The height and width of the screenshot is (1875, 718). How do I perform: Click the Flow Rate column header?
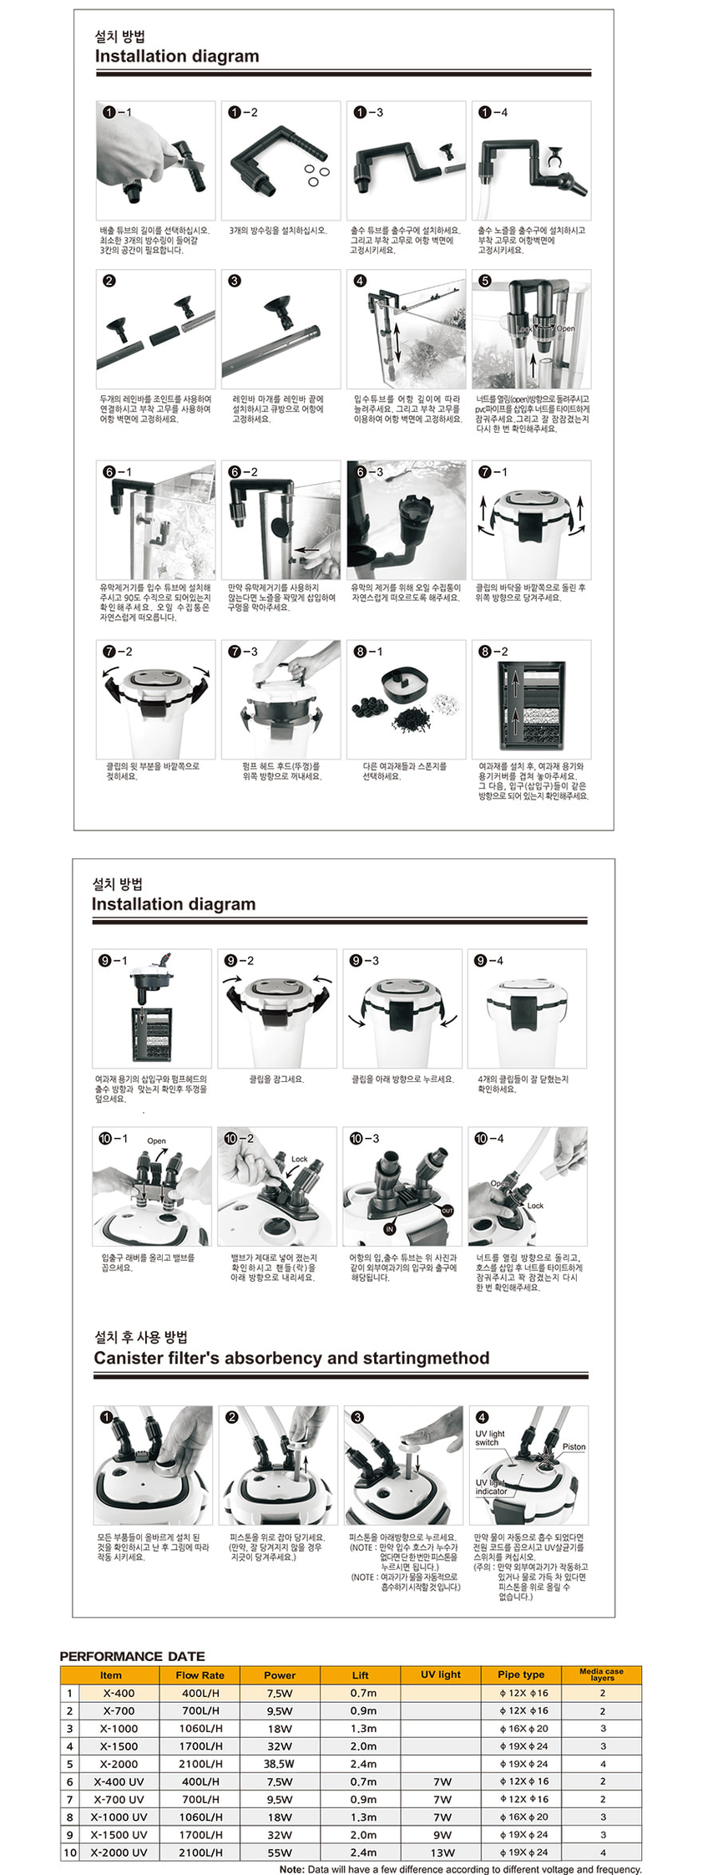[200, 1674]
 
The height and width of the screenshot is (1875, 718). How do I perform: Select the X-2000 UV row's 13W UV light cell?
[442, 1852]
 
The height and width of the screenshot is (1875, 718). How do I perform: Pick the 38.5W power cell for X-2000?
[279, 1764]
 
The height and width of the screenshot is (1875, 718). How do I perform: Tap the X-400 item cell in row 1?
[119, 1693]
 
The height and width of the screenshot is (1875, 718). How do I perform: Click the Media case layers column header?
[601, 1674]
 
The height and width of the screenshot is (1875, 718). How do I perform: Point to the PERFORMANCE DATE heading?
[132, 1656]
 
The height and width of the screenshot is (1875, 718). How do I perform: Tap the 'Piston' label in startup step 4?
[574, 1446]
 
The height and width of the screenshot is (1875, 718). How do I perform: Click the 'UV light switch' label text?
[489, 1437]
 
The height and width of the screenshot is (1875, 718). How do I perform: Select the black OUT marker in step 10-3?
[447, 1211]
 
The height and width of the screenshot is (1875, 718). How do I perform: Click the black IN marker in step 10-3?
[389, 1229]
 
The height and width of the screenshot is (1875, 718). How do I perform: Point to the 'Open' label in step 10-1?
[156, 1141]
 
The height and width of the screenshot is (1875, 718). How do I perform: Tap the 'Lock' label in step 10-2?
[299, 1159]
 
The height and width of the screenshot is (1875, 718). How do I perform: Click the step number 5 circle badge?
[485, 281]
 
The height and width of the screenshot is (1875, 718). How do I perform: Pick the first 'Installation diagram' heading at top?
[177, 56]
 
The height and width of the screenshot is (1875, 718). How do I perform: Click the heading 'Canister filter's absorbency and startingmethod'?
[291, 1358]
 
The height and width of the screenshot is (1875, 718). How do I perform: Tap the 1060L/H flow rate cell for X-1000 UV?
[200, 1817]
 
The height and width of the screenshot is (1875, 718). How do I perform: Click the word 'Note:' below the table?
[292, 1869]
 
